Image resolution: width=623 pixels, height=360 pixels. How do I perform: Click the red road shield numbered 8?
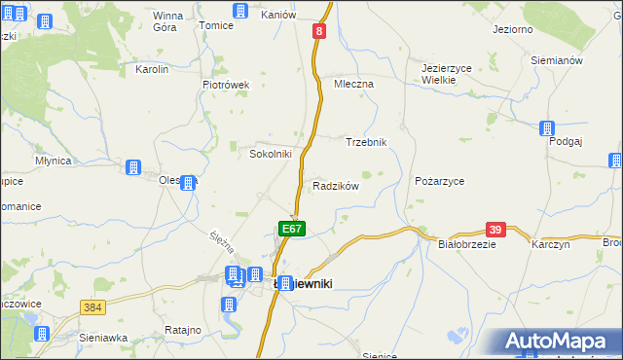pyautogui.click(x=318, y=32)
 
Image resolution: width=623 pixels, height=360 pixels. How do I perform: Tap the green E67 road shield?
pyautogui.click(x=293, y=228)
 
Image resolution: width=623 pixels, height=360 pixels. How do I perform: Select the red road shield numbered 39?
pyautogui.click(x=495, y=230)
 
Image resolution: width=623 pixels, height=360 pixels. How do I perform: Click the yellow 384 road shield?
pyautogui.click(x=92, y=307)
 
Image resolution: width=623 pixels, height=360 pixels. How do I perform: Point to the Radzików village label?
pyautogui.click(x=336, y=186)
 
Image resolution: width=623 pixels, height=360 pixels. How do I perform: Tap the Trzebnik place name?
pyautogui.click(x=367, y=142)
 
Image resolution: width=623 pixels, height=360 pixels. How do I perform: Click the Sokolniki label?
pyautogui.click(x=271, y=154)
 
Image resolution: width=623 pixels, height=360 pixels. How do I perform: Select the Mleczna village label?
pyautogui.click(x=353, y=85)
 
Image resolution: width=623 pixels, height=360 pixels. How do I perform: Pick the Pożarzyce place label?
pyautogui.click(x=439, y=182)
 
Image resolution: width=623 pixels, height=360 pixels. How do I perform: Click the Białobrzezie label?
pyautogui.click(x=468, y=245)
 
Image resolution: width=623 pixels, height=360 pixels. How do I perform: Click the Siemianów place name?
pyautogui.click(x=556, y=60)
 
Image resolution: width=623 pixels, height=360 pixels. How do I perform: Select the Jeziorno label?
pyautogui.click(x=512, y=30)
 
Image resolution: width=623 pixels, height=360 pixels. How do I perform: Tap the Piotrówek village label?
pyautogui.click(x=226, y=85)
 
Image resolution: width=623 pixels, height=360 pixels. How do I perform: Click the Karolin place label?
pyautogui.click(x=152, y=70)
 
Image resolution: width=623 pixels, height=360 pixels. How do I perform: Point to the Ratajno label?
pyautogui.click(x=182, y=331)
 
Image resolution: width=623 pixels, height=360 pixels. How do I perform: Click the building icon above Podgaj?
pyautogui.click(x=547, y=127)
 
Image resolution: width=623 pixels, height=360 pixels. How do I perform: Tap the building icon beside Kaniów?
pyautogui.click(x=240, y=11)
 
